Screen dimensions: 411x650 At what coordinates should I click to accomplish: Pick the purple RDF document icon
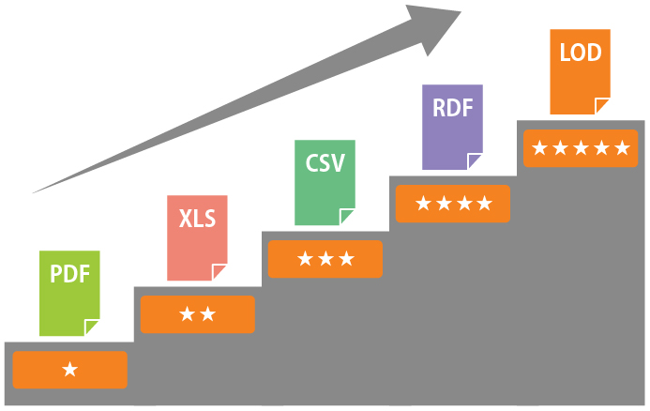tap(452, 128)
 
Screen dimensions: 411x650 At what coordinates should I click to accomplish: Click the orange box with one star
tap(69, 370)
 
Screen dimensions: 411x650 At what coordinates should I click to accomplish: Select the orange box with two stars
tap(197, 314)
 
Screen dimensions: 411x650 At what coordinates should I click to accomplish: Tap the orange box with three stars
tap(325, 259)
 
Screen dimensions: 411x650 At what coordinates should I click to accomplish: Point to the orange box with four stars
tap(452, 204)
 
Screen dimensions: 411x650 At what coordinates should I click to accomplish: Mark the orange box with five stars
tap(580, 148)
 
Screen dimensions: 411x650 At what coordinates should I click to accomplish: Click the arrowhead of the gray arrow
tap(433, 26)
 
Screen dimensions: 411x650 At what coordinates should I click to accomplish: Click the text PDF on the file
tap(68, 275)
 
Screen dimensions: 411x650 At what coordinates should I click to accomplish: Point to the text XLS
tap(197, 221)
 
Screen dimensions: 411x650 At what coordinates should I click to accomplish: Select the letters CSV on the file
tap(325, 163)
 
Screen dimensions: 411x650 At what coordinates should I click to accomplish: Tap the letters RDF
tap(452, 107)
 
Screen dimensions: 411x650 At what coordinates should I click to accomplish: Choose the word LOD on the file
tap(580, 53)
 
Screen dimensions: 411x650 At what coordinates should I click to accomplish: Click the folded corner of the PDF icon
tap(92, 327)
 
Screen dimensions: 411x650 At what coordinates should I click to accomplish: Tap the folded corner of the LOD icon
tap(603, 105)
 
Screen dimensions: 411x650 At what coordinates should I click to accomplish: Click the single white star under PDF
tap(69, 370)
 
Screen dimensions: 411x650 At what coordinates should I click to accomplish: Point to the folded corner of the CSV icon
tap(348, 217)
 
